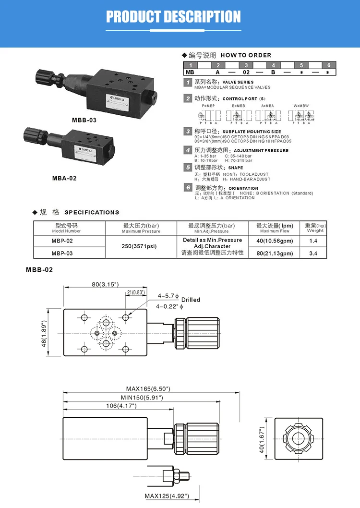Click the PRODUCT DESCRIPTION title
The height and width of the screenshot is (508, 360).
(x=173, y=17)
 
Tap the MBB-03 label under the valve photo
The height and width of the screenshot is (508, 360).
(x=84, y=120)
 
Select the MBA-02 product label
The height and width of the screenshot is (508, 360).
(x=64, y=178)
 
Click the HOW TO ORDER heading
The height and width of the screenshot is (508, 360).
(x=246, y=55)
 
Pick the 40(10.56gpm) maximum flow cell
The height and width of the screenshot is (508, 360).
(x=274, y=241)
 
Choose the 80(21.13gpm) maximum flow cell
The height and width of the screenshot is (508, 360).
(x=274, y=253)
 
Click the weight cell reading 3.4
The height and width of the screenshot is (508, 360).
(x=313, y=253)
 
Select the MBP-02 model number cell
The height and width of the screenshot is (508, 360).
(x=62, y=241)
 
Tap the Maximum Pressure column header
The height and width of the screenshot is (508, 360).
(x=141, y=228)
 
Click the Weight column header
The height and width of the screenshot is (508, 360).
(x=315, y=228)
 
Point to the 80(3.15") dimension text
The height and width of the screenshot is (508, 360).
(x=105, y=284)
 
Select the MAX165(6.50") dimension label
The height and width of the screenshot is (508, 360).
(x=148, y=388)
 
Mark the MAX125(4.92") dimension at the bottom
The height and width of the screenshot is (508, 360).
(x=167, y=496)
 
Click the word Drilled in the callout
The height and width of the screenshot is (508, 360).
(x=191, y=300)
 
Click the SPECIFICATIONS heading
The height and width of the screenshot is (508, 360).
(x=92, y=212)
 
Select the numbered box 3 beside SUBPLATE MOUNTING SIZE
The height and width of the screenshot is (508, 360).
(x=188, y=131)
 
